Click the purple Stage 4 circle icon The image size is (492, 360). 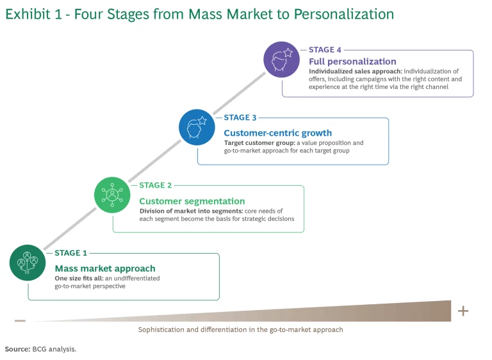point(281,60)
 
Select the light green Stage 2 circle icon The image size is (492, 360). point(112,195)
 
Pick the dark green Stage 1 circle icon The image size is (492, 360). point(28,263)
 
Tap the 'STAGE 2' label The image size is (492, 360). point(156,186)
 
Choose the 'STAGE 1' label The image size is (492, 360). point(70,253)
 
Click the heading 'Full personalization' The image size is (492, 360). point(352,61)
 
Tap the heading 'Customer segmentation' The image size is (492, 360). point(192,201)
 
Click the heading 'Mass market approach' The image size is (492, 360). point(105,269)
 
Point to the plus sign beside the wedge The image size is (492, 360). point(463,311)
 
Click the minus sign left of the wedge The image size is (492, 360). point(20,321)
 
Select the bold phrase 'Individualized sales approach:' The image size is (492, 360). point(356,71)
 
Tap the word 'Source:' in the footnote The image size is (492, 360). point(17,349)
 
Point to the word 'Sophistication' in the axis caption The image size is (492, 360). point(160,329)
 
